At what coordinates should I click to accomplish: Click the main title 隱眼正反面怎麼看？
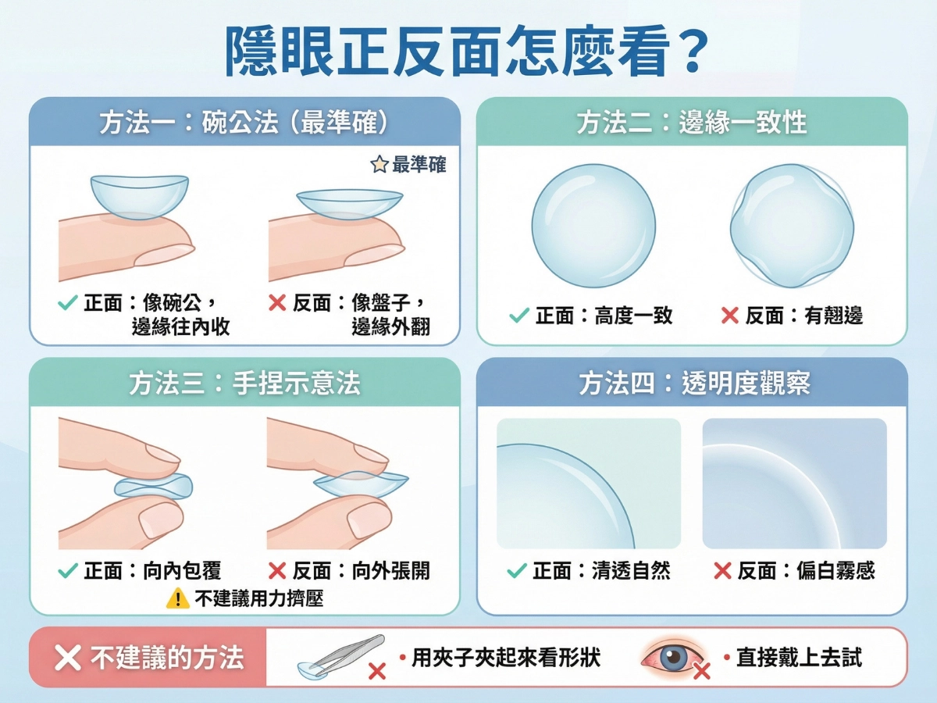tap(467, 51)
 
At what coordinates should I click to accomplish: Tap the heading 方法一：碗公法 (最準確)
tap(244, 123)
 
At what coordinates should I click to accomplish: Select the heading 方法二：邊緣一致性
tap(691, 123)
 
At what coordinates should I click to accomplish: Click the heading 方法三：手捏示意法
tap(244, 383)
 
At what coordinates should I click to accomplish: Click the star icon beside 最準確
tap(379, 165)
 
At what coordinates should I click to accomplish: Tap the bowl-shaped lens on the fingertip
tap(139, 195)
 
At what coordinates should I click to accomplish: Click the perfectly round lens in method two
tap(593, 226)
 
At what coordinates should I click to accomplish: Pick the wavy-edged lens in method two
tap(792, 226)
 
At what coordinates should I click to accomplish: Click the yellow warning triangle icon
tap(178, 598)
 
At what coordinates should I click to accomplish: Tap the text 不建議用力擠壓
tap(258, 598)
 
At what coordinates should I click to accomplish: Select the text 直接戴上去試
tap(798, 658)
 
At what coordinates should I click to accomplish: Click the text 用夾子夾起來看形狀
tap(506, 658)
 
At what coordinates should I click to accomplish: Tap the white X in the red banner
tap(68, 658)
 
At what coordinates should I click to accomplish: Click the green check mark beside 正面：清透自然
tap(516, 571)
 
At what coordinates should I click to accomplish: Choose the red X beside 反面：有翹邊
tap(729, 316)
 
